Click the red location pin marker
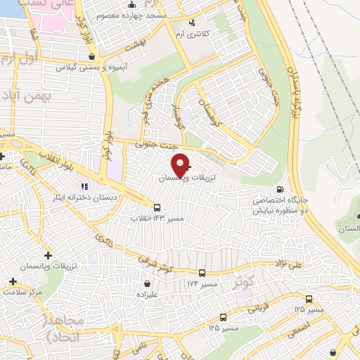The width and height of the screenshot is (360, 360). tap(180, 165)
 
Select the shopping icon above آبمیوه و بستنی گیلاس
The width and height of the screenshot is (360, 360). tap(92, 56)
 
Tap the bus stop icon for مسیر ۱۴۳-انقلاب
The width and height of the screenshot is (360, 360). tap(157, 207)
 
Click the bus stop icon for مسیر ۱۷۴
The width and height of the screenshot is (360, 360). tap(202, 273)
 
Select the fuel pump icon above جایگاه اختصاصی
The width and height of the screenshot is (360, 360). tap(280, 190)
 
